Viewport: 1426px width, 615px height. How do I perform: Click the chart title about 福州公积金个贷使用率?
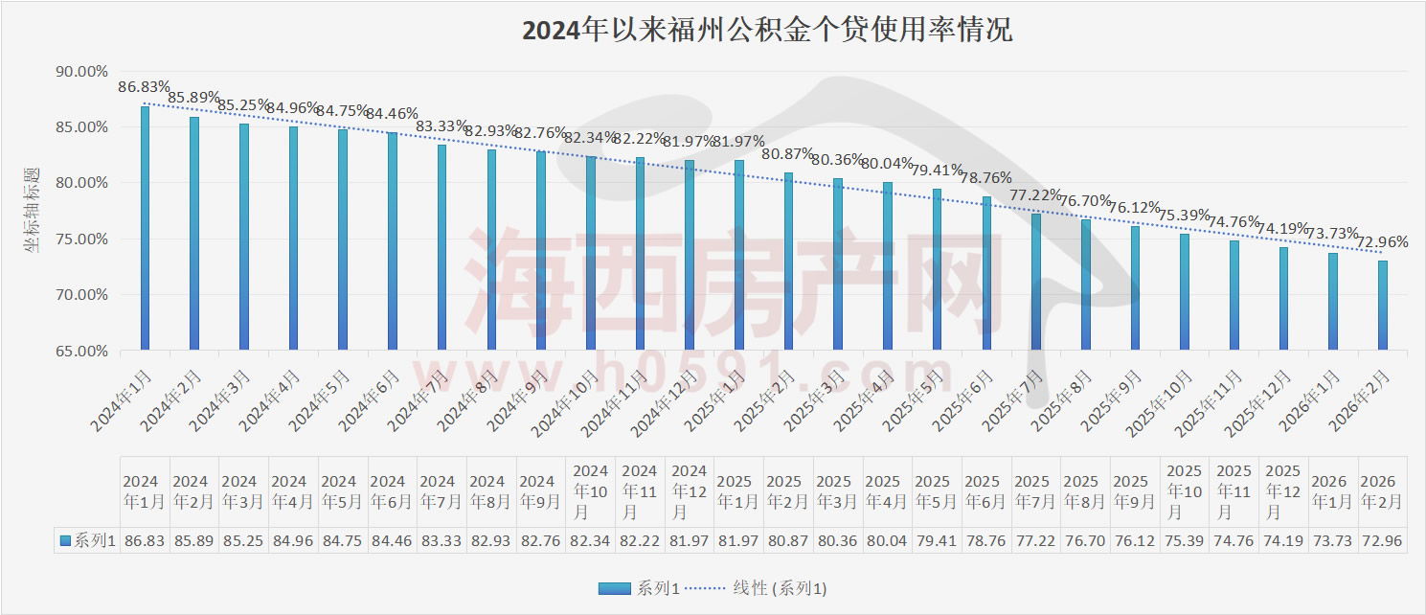coord(766,31)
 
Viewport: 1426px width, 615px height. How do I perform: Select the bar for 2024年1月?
coord(146,230)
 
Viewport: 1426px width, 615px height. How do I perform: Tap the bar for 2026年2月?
coord(1382,307)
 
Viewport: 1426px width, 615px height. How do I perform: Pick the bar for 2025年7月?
coord(1035,283)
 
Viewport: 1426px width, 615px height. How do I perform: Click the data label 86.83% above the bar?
coord(144,87)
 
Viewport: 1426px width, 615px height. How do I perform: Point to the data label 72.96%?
coord(1381,242)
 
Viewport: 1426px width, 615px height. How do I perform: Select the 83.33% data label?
coord(441,126)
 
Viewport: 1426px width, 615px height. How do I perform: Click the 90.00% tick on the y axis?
coord(80,72)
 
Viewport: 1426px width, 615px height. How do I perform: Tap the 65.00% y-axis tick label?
coord(80,351)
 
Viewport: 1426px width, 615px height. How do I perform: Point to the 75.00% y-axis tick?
coord(80,239)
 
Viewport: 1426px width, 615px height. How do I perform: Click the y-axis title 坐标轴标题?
coord(33,209)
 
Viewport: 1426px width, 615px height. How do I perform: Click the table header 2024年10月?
coord(590,491)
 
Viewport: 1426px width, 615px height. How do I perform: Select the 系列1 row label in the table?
coord(89,541)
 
